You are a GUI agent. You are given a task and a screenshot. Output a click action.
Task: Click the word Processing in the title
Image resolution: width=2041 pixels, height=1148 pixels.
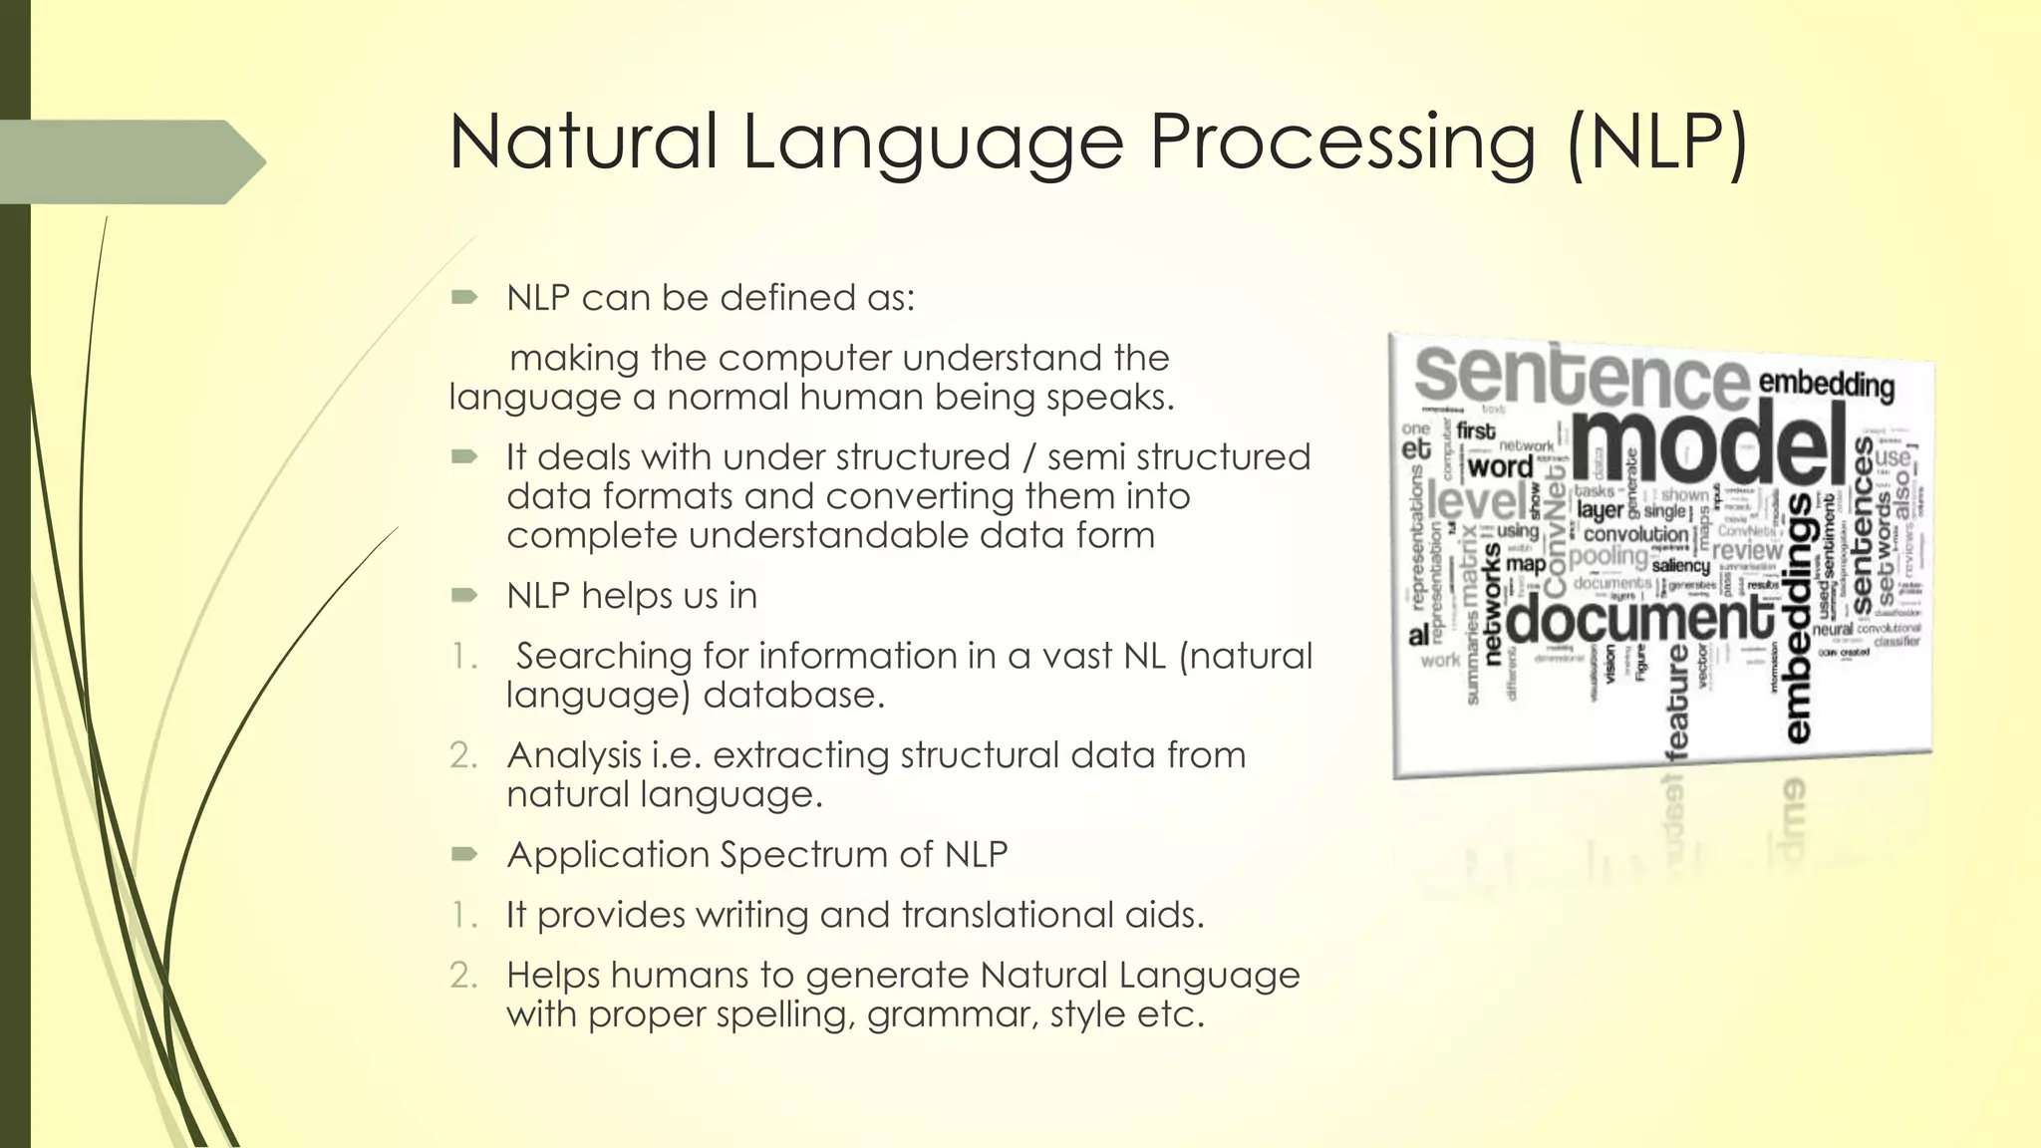1342,143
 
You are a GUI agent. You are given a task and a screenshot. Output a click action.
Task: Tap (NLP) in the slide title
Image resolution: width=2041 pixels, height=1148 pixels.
1656,143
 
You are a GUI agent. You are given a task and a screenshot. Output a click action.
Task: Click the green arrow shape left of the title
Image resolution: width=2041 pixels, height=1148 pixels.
130,161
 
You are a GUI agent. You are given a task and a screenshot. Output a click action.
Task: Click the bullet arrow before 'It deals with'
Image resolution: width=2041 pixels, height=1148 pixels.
464,456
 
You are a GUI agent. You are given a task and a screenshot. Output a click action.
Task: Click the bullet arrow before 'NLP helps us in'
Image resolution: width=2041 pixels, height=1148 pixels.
464,595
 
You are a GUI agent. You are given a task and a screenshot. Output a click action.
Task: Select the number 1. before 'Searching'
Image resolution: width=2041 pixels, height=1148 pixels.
463,656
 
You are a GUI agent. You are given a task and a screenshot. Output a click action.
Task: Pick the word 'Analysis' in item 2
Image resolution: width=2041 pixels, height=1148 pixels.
572,754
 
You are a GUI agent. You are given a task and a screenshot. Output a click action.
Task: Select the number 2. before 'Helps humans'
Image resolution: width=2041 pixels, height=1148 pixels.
463,975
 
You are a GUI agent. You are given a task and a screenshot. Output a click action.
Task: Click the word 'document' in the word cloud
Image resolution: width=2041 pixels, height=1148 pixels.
1639,618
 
